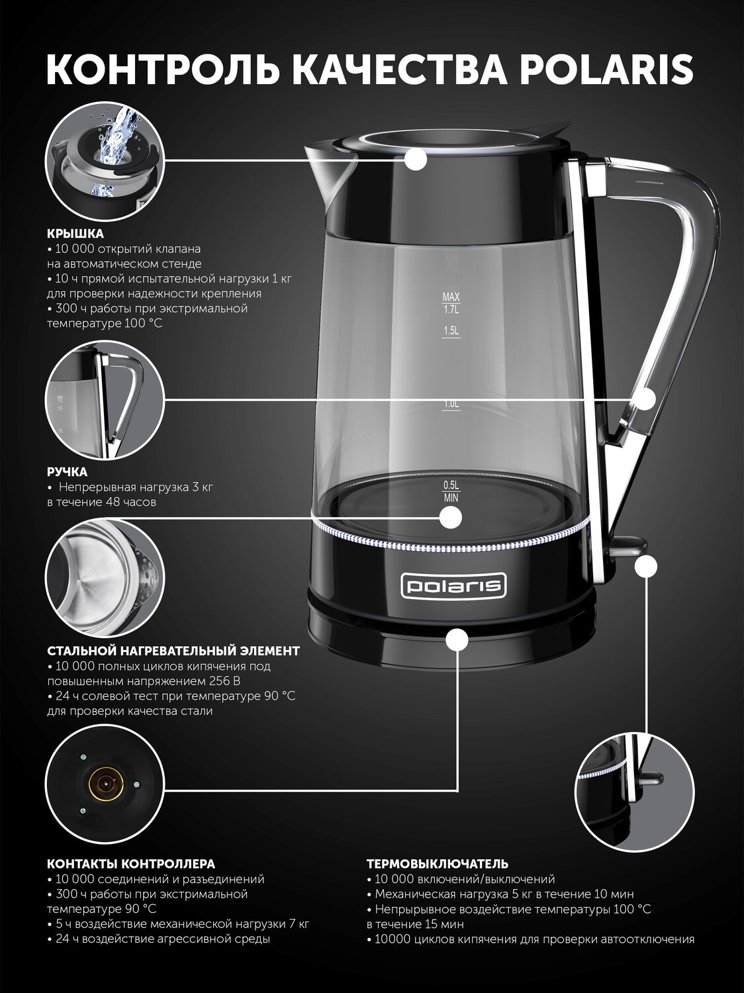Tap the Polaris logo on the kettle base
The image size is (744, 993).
[x=453, y=587]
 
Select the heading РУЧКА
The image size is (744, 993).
[x=68, y=472]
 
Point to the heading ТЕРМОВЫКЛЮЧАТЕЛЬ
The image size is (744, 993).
[x=438, y=864]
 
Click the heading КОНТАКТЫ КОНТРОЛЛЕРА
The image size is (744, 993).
[x=131, y=864]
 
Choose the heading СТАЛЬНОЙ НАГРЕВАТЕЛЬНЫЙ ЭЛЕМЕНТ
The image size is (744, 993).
[x=173, y=651]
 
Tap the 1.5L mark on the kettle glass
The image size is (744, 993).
[x=451, y=331]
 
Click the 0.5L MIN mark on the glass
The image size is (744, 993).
[x=451, y=492]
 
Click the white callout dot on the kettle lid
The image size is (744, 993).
[x=416, y=160]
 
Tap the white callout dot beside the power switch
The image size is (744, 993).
[x=646, y=566]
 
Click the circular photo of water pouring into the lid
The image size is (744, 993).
[x=105, y=161]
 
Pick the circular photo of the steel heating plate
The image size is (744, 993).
[x=105, y=578]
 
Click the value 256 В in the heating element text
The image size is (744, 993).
[x=224, y=681]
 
